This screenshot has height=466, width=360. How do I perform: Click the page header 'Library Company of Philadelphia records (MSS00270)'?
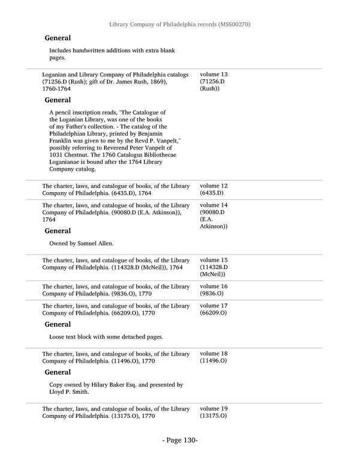coord(179,24)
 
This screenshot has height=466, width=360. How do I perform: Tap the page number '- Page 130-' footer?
coord(179,441)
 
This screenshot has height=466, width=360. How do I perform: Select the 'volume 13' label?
coord(214,74)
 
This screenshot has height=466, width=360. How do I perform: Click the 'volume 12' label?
coord(214,186)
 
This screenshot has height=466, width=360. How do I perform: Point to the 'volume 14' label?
coord(214,205)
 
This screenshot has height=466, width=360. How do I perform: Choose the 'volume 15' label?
coord(214,259)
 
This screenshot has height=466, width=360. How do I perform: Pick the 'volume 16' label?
coord(214,286)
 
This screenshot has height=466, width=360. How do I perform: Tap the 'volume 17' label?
coord(214,306)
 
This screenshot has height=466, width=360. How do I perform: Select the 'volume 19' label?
coord(214,408)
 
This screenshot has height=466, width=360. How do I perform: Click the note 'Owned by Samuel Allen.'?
coord(82,243)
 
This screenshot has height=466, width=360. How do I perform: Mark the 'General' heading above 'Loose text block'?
coord(58,324)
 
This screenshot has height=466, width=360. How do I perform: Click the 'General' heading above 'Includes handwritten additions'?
coord(58,38)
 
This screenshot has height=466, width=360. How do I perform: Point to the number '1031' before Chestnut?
coord(58,155)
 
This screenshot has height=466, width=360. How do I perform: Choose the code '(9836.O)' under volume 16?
coord(213,294)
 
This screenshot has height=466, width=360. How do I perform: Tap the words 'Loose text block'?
coord(74,337)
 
